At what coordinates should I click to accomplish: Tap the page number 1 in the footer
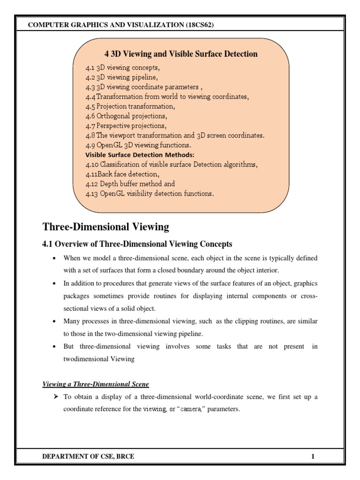tap(313, 456)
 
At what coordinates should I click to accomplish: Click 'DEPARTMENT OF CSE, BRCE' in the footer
tap(81, 456)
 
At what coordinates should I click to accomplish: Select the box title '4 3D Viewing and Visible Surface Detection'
tap(180, 54)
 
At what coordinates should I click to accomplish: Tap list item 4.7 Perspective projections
tap(126, 126)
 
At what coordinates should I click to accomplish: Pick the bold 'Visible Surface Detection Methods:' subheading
tap(139, 154)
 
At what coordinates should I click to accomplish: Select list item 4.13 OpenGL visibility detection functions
tap(150, 194)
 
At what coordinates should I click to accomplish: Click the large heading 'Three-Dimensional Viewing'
tap(105, 227)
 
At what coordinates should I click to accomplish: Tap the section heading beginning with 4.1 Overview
tap(137, 244)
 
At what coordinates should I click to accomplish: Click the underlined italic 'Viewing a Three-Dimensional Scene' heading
tap(96, 384)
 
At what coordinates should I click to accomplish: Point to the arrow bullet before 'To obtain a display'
tap(55, 397)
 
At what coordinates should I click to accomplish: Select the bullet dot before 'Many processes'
tap(55, 321)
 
